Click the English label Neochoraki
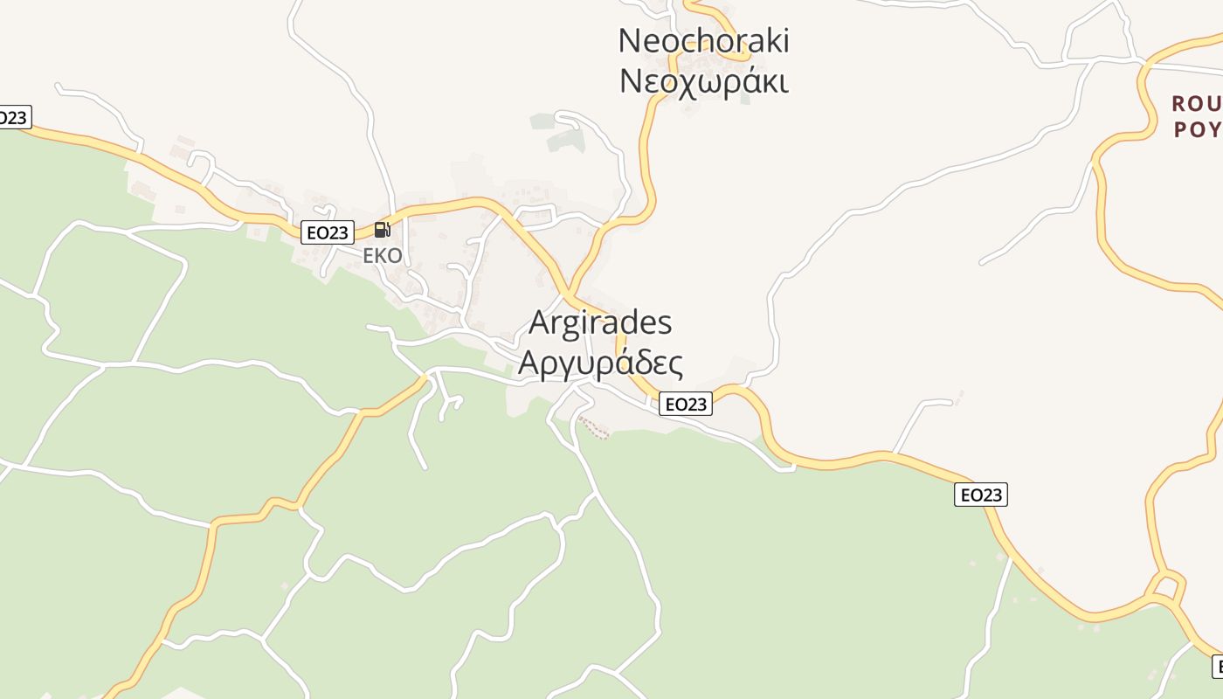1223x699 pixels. pyautogui.click(x=703, y=40)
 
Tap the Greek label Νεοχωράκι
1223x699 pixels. pyautogui.click(x=703, y=81)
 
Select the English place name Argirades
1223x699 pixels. pyautogui.click(x=600, y=322)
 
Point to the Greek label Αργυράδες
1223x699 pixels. pyautogui.click(x=600, y=362)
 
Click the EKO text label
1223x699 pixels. pyautogui.click(x=383, y=256)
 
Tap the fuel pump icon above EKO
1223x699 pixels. pyautogui.click(x=382, y=230)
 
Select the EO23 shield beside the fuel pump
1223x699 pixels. pyautogui.click(x=328, y=232)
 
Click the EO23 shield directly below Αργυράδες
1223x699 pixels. pyautogui.click(x=686, y=404)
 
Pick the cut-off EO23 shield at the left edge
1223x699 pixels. pyautogui.click(x=13, y=117)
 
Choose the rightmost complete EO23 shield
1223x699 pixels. pyautogui.click(x=980, y=495)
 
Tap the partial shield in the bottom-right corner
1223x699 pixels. pyautogui.click(x=1217, y=667)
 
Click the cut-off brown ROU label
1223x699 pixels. pyautogui.click(x=1196, y=104)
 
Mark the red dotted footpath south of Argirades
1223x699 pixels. pyautogui.click(x=594, y=427)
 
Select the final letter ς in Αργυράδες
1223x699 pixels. pyautogui.click(x=674, y=363)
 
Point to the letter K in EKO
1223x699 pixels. pyautogui.click(x=383, y=256)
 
